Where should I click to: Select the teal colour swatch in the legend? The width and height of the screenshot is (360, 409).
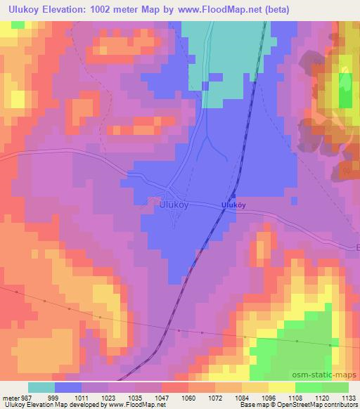[x=41, y=387]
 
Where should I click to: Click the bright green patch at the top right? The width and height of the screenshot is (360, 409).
[x=345, y=95]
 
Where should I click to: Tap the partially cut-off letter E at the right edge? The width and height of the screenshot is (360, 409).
[x=356, y=247]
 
